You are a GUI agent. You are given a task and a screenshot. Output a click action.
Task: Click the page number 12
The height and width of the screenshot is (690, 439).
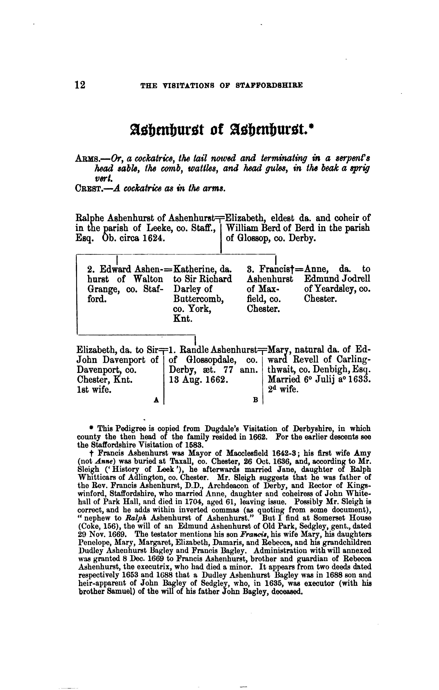pos(80,85)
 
